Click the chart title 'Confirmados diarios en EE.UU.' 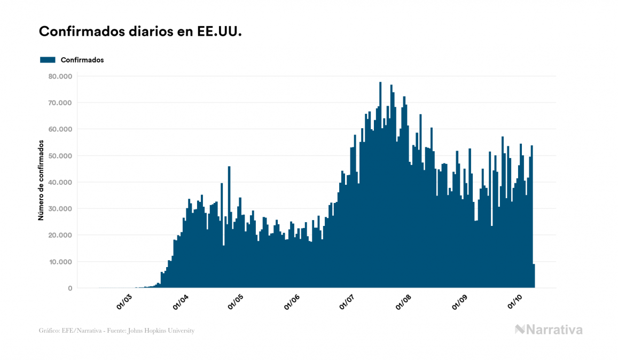coord(140,32)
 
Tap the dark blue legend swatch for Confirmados coord(48,60)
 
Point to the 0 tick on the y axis coord(70,288)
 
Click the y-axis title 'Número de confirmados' coord(41,181)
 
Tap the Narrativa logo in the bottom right coord(549,330)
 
